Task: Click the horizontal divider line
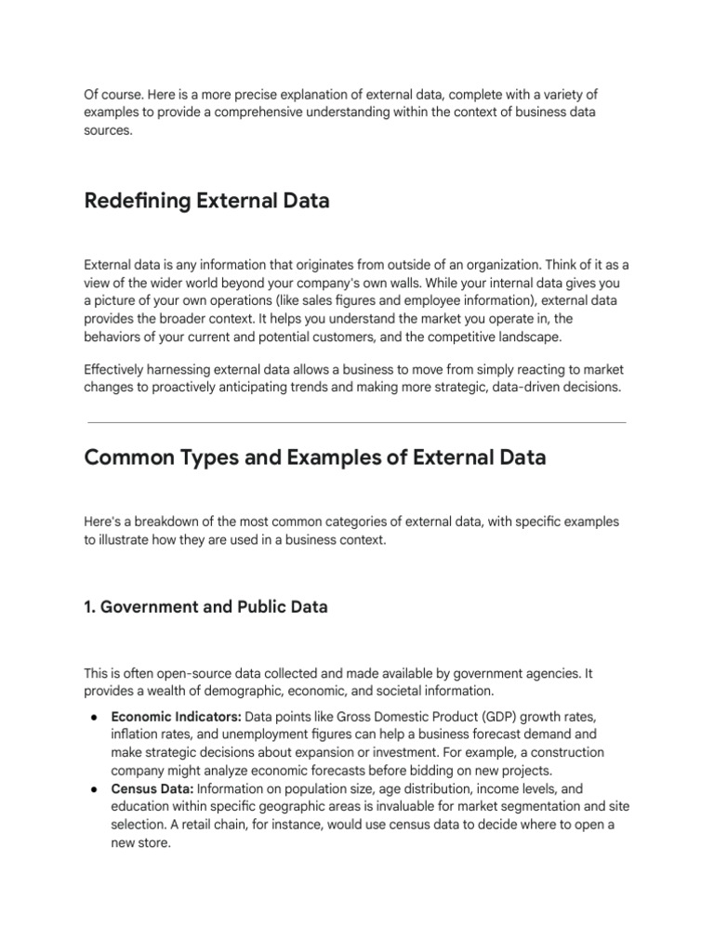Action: coord(356,422)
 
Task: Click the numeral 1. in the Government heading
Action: coord(90,607)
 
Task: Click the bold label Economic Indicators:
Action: coord(176,717)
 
